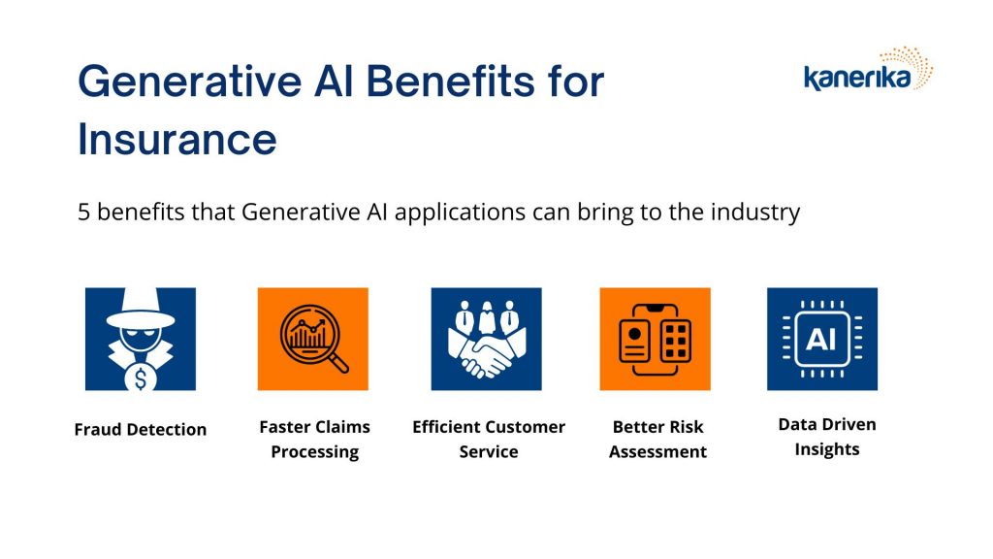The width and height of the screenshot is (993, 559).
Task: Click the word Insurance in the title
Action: click(x=177, y=140)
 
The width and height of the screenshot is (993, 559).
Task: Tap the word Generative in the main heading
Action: click(x=190, y=82)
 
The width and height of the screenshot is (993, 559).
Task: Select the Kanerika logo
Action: click(x=868, y=69)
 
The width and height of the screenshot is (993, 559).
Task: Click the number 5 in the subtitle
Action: click(x=83, y=212)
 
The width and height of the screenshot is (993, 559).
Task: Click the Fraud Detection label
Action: click(x=141, y=430)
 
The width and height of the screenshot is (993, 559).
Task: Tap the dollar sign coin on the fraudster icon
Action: click(x=141, y=378)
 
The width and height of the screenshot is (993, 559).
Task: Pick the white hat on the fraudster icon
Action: click(x=141, y=310)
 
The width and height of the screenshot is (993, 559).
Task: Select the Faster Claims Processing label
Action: click(x=315, y=440)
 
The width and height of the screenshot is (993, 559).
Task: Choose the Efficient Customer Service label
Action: click(x=489, y=440)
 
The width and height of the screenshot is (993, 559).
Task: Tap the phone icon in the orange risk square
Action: click(x=655, y=339)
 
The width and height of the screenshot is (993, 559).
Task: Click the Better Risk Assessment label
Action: click(x=658, y=440)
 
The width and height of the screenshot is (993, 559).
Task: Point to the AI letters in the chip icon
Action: click(x=821, y=341)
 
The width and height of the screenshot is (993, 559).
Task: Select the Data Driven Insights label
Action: click(x=827, y=437)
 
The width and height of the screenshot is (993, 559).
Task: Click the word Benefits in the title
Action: click(x=450, y=82)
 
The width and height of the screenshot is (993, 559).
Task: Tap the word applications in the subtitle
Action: click(x=460, y=213)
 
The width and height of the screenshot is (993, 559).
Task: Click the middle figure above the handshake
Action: click(x=487, y=317)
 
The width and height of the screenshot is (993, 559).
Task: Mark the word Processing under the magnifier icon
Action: click(x=315, y=452)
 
